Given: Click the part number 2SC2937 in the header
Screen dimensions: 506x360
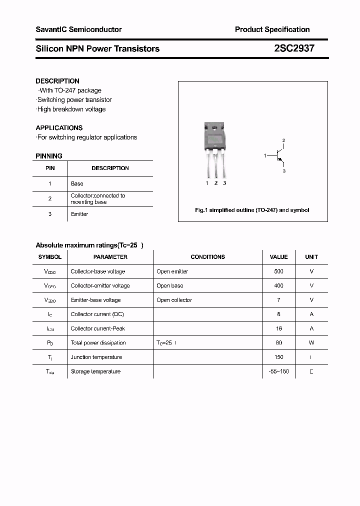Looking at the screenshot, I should tap(294, 48).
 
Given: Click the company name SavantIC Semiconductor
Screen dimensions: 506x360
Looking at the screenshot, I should tap(78, 29).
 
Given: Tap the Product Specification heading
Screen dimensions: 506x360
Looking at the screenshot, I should tap(272, 29).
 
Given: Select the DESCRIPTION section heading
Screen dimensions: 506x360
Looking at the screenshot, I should tap(57, 81).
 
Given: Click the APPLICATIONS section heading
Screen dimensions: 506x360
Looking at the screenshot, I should tap(59, 128).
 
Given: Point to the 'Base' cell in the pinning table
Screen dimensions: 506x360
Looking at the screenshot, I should tap(77, 183).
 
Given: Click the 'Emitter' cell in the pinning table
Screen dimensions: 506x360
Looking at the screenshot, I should tap(79, 214).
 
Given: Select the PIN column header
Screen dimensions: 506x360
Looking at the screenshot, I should tap(50, 168).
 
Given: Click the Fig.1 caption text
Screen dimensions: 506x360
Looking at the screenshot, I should tap(252, 210).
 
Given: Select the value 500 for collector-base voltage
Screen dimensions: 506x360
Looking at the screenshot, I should tap(278, 271).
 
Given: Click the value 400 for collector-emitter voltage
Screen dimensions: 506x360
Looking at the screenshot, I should tap(278, 285).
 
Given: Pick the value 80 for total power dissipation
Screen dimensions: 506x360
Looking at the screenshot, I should tap(278, 343).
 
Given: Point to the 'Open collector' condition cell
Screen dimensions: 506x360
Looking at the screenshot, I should tap(174, 300).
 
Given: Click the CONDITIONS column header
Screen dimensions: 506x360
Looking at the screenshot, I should tap(207, 257).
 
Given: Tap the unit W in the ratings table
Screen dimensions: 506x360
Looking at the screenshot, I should tap(311, 343).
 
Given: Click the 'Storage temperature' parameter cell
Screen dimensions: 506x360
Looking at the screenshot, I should tap(95, 371).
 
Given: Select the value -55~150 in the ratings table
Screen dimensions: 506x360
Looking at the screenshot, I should tap(278, 371).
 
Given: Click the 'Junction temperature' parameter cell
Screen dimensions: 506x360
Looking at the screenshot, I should tap(96, 357).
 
